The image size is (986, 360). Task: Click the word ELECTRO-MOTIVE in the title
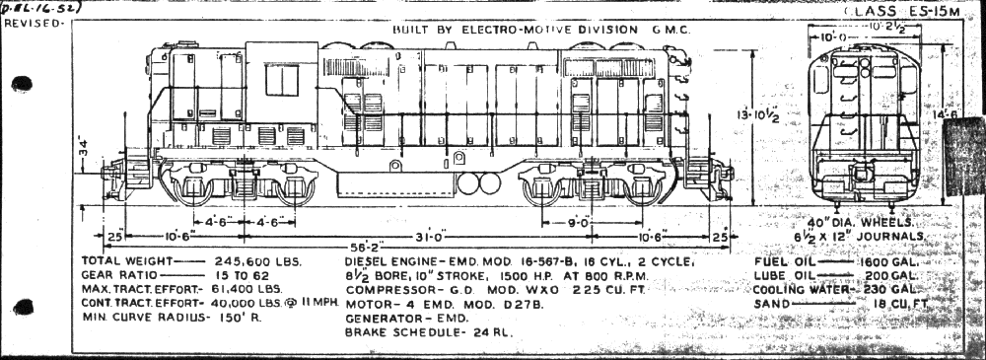click(x=511, y=30)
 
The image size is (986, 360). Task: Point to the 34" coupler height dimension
click(x=85, y=151)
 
